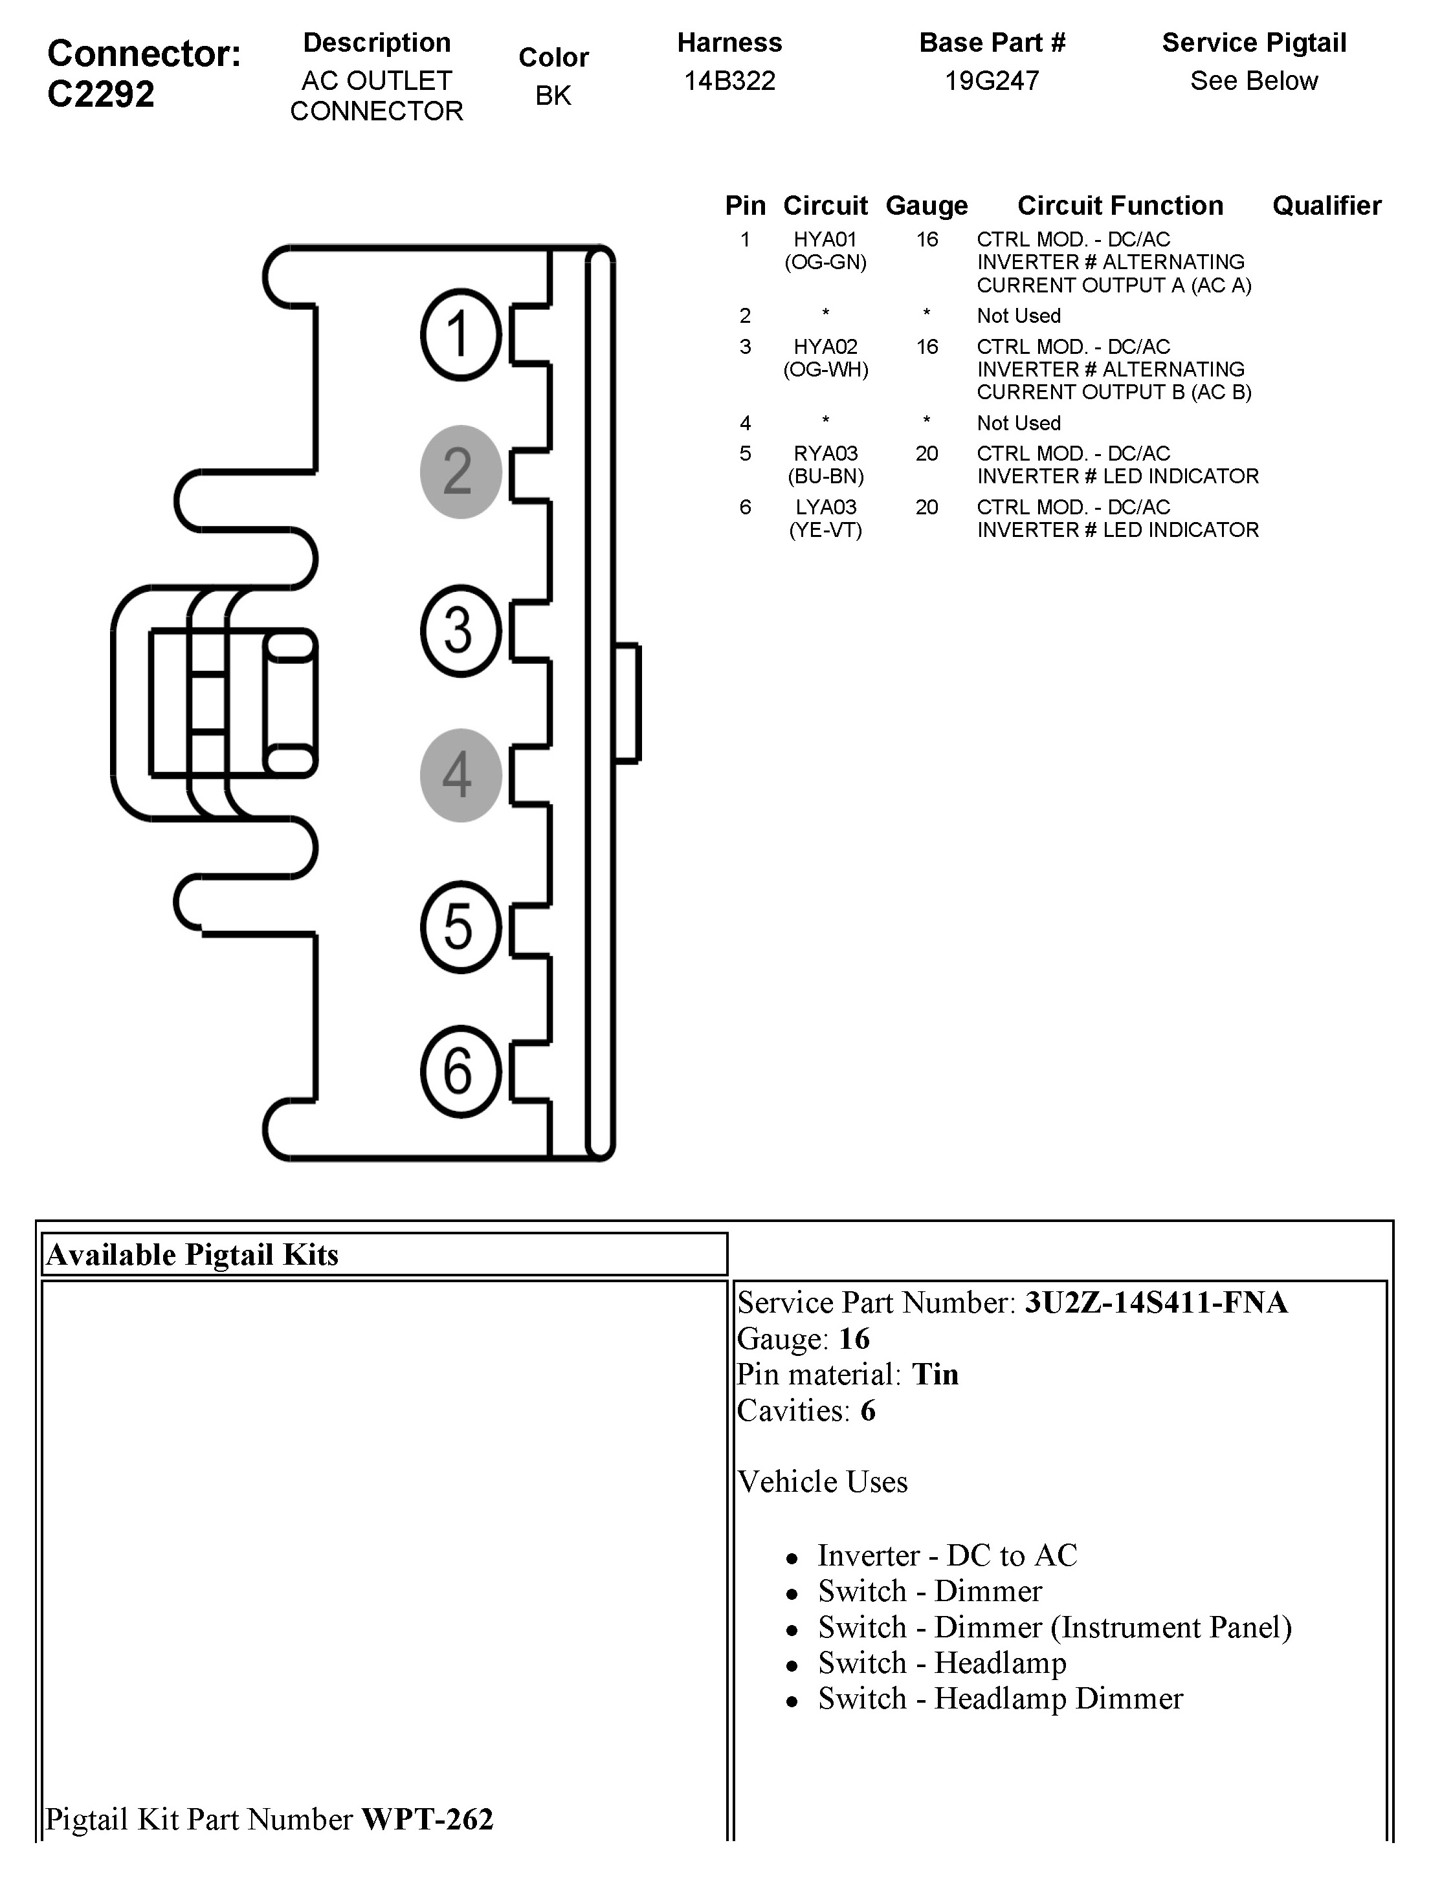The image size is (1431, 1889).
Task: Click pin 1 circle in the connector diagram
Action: tap(460, 334)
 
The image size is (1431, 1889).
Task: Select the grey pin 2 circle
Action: tap(460, 472)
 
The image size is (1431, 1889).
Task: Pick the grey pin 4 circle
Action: tap(460, 774)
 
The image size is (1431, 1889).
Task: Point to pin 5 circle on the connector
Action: tap(460, 926)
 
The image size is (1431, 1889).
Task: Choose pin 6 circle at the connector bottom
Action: tap(460, 1071)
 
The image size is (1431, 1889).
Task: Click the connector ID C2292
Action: tap(101, 94)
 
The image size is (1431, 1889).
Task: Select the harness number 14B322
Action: tap(729, 81)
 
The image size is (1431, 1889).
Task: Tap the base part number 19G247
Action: tap(991, 81)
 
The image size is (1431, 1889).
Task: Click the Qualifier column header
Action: tap(1326, 206)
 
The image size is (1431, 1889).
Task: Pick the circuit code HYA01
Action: tap(825, 240)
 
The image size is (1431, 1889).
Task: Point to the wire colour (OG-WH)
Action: tap(825, 370)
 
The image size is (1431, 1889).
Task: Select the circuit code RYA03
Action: tap(825, 453)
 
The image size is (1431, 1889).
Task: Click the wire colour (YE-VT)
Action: tap(825, 530)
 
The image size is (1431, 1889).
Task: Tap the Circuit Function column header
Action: tap(1120, 206)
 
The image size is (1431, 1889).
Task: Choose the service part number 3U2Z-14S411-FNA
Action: tap(1156, 1302)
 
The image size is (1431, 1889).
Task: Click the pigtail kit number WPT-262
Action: tap(427, 1819)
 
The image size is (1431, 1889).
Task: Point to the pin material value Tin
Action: tap(935, 1374)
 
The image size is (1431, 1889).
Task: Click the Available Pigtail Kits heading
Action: tap(193, 1254)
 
